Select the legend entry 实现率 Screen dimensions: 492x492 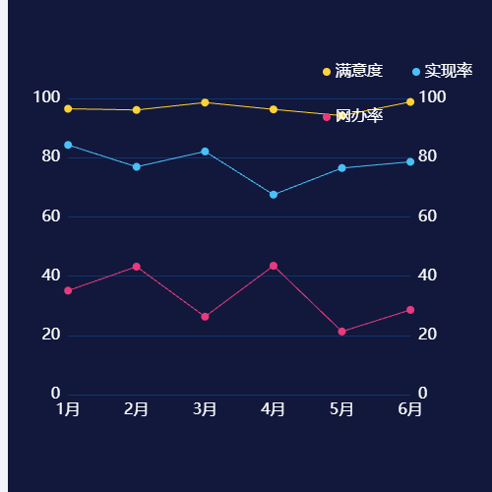pos(443,71)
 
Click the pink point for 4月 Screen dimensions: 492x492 pos(274,266)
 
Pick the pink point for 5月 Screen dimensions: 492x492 pos(341,332)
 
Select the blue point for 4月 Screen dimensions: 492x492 pos(274,195)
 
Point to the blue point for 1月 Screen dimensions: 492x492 pos(68,145)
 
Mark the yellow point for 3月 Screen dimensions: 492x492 pos(205,102)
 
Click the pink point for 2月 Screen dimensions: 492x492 pos(137,267)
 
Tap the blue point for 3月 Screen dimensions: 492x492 pos(205,152)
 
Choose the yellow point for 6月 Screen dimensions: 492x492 pos(410,102)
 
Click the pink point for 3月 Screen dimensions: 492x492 pos(205,317)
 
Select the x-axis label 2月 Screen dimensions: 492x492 pos(137,408)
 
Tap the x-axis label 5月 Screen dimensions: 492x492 pos(341,408)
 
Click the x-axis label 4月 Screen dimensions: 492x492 pos(274,408)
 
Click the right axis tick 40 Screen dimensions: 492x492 pos(429,276)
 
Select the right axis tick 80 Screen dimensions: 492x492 pos(429,156)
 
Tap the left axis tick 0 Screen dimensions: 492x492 pos(55,394)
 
